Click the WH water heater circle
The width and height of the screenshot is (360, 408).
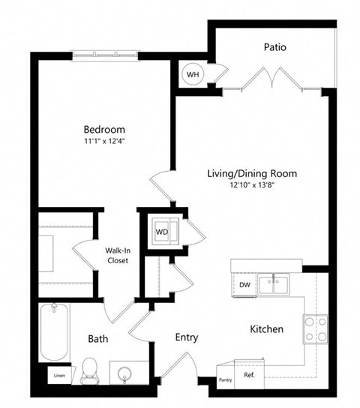click(x=193, y=74)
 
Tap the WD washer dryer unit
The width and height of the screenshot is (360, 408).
click(x=165, y=231)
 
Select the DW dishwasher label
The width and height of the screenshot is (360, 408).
click(x=244, y=285)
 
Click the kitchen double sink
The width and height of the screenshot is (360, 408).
click(x=274, y=285)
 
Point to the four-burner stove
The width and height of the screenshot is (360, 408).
click(x=316, y=329)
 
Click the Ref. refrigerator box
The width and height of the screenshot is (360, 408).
click(x=249, y=374)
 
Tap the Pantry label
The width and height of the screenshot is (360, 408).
click(x=225, y=380)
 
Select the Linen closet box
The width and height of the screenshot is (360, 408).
click(x=59, y=375)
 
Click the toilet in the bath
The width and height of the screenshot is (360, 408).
click(x=89, y=371)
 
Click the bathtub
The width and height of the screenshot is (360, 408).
click(x=54, y=332)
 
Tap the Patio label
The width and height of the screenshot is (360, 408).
click(x=275, y=47)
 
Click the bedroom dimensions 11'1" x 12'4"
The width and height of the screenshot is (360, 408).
click(x=104, y=141)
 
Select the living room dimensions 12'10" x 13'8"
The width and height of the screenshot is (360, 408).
click(x=252, y=185)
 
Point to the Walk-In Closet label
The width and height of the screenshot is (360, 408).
click(x=118, y=256)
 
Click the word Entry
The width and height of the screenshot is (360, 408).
click(x=187, y=337)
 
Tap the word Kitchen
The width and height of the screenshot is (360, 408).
click(x=266, y=329)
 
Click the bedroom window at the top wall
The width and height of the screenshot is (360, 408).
click(x=105, y=55)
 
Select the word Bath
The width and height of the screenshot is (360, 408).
click(x=97, y=339)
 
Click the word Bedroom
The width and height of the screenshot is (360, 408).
click(x=104, y=129)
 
